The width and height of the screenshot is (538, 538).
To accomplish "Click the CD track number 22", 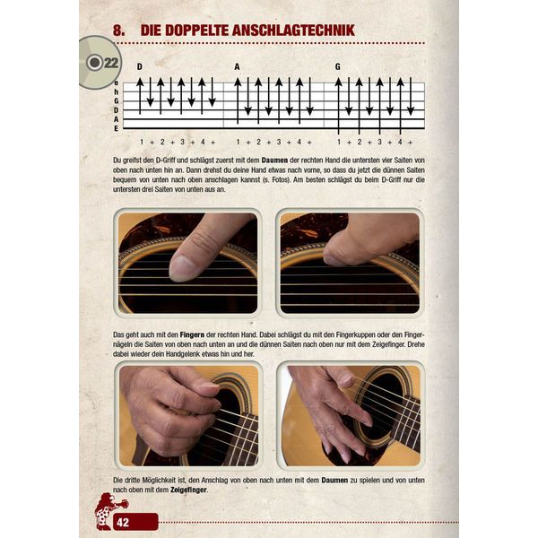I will pos(110,62).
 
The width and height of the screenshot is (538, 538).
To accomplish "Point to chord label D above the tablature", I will pos(140,66).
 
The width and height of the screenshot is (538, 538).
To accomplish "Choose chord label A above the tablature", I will pos(238,66).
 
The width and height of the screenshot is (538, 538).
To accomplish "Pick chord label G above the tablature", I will pos(338,66).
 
